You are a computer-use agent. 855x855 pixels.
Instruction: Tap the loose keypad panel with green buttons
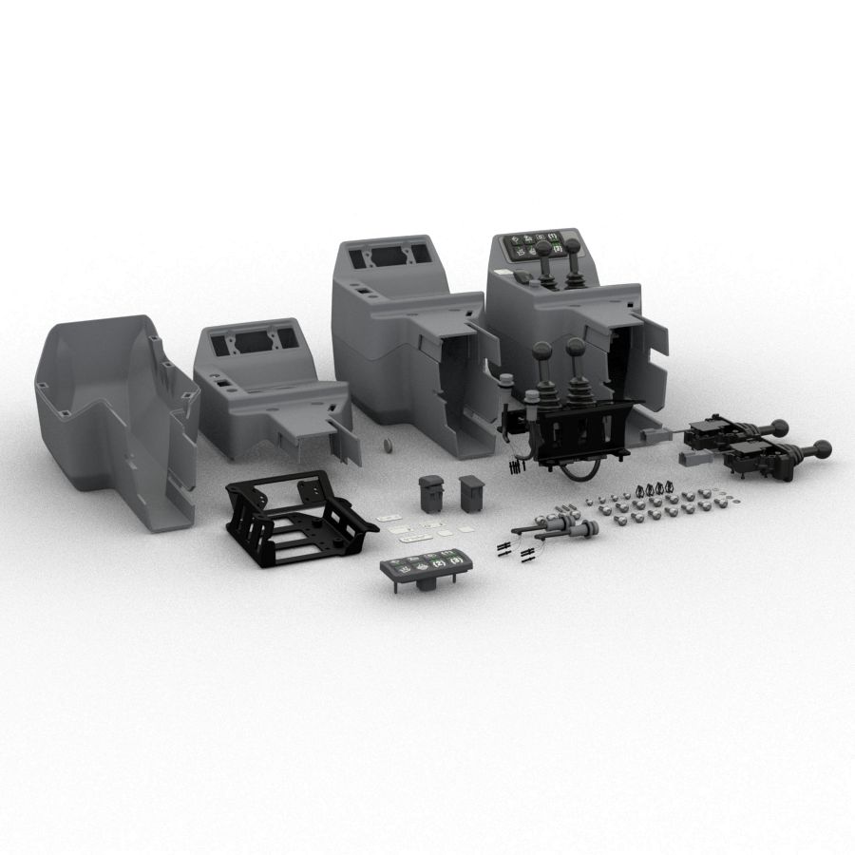(x=427, y=568)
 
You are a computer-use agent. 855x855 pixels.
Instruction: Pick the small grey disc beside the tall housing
(x=388, y=445)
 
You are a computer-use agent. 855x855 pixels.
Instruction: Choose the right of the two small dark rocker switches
(x=471, y=493)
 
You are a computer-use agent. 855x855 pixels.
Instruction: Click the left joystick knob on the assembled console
(x=542, y=251)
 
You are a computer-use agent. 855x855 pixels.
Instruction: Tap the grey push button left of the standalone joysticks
(x=506, y=384)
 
